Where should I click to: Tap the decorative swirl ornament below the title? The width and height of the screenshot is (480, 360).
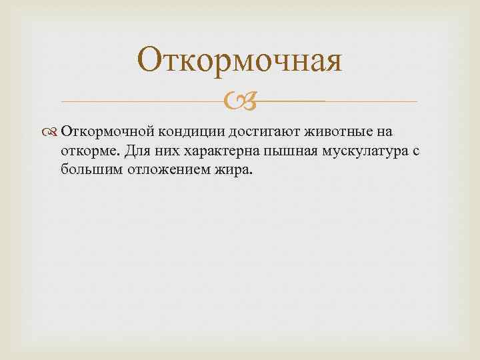pyautogui.click(x=240, y=102)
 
